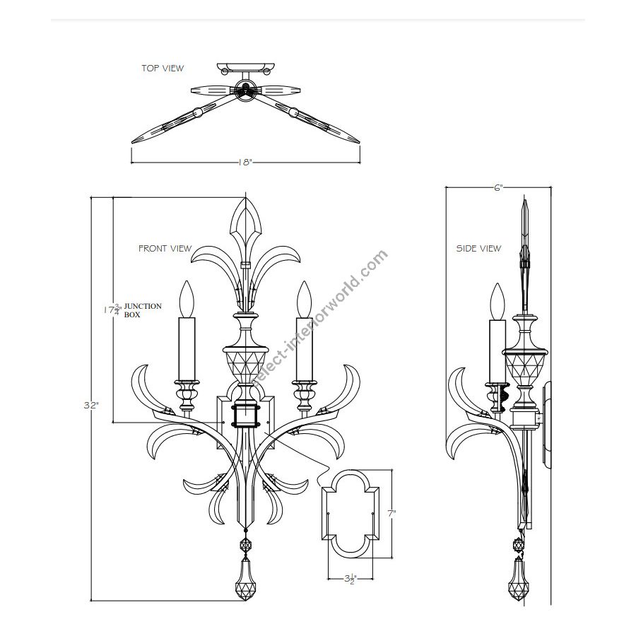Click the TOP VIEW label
pyautogui.click(x=163, y=68)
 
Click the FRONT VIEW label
pyautogui.click(x=165, y=248)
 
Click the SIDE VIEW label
pyautogui.click(x=478, y=248)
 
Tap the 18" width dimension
pyautogui.click(x=245, y=163)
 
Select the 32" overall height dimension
pyautogui.click(x=91, y=405)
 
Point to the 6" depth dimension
pyautogui.click(x=498, y=187)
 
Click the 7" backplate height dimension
pyautogui.click(x=391, y=514)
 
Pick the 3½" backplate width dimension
pyautogui.click(x=351, y=579)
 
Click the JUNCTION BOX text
pyautogui.click(x=142, y=310)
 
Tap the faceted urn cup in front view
pyautogui.click(x=245, y=364)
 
